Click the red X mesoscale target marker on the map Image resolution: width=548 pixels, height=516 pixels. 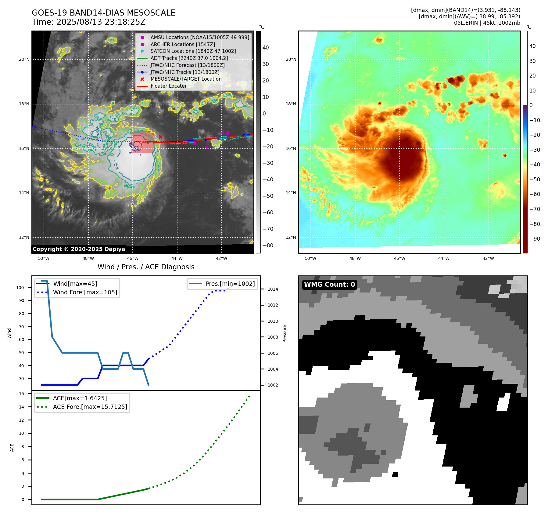160,137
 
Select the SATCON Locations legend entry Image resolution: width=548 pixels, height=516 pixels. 193,51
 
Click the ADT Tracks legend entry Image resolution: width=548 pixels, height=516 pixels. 189,58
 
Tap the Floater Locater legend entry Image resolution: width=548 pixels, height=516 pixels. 168,86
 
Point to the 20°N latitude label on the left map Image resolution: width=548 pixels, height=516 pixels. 24,59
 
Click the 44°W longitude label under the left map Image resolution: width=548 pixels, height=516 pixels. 177,258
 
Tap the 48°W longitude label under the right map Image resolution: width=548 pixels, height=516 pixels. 355,258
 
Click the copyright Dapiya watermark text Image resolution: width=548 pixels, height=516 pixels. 79,249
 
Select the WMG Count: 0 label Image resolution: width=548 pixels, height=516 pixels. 329,285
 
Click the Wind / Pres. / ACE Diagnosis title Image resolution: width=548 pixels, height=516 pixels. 146,267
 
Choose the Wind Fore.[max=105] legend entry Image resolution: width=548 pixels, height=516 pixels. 85,292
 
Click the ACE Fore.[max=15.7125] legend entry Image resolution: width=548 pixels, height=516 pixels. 90,407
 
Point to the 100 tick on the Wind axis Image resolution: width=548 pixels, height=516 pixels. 20,288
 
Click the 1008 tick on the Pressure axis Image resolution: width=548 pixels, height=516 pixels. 273,337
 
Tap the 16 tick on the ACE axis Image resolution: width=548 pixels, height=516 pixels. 22,394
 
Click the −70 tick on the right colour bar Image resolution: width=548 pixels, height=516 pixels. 535,209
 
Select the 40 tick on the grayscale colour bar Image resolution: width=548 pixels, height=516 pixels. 266,48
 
